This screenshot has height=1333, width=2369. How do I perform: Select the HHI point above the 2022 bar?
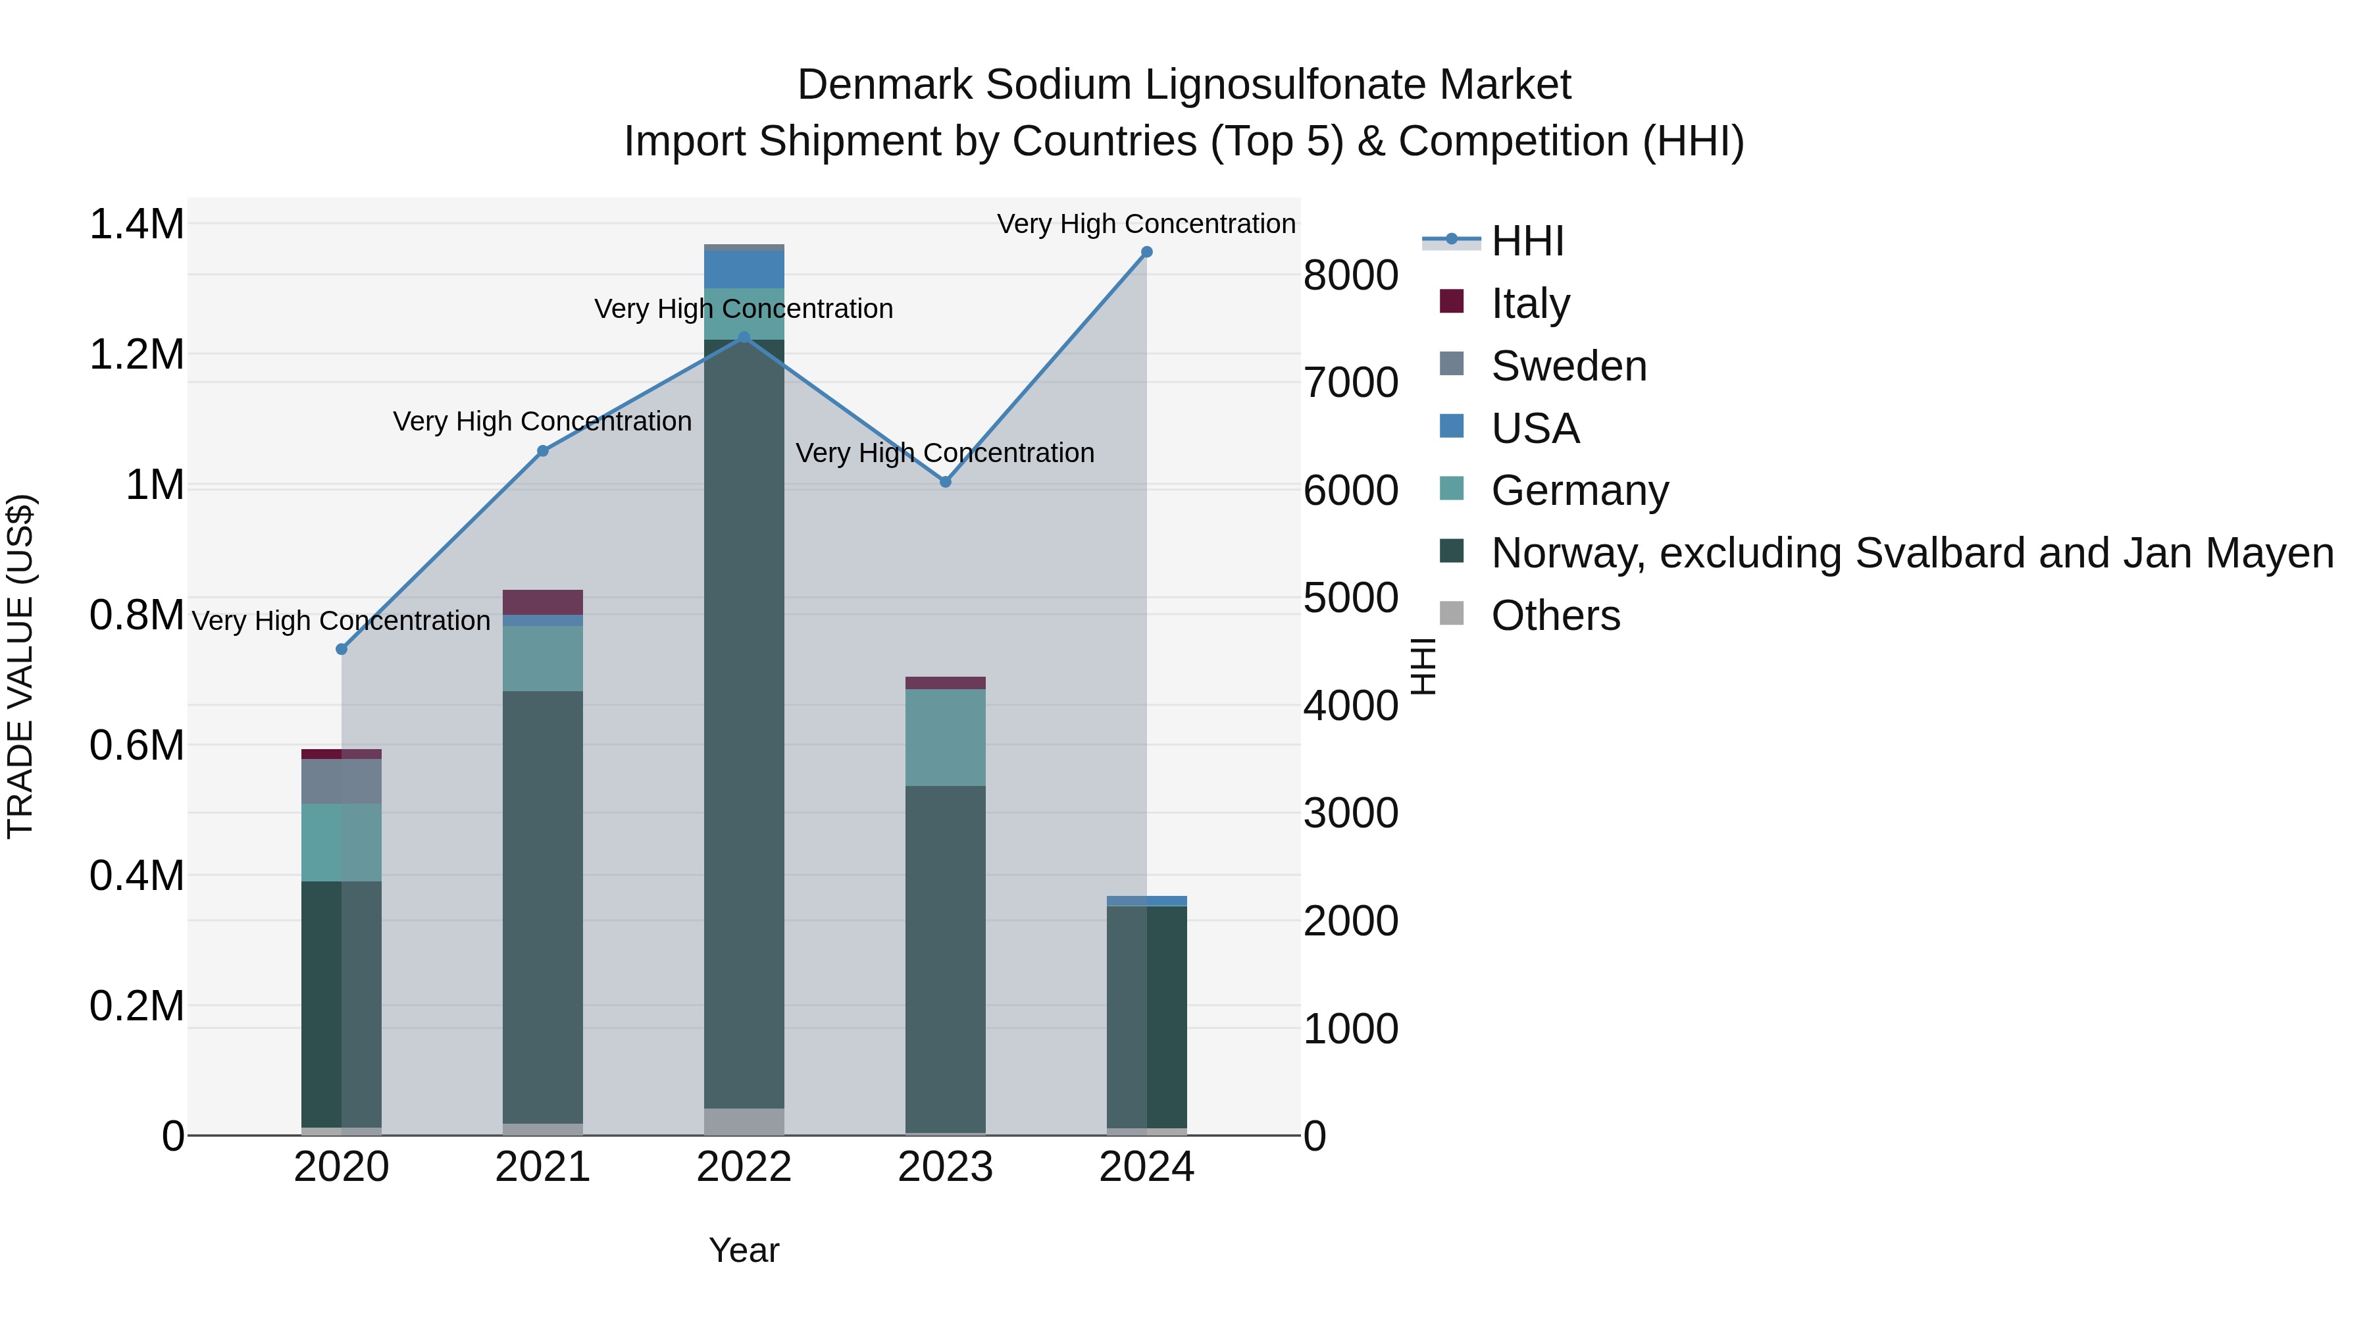[744, 338]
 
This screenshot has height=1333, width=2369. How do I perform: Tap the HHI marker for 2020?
[341, 650]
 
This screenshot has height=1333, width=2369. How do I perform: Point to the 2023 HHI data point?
[946, 482]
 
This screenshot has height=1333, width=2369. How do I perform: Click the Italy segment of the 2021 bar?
[543, 602]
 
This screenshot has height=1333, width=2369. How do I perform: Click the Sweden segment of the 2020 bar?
[341, 782]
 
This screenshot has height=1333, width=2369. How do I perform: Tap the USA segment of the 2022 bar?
[744, 269]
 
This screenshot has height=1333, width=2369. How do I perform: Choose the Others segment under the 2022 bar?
[744, 1122]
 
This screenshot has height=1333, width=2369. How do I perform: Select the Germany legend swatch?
[1451, 488]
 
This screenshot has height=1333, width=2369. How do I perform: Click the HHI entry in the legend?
[1527, 241]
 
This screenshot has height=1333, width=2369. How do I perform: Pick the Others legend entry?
[1555, 615]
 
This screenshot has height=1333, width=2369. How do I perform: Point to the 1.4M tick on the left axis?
[136, 224]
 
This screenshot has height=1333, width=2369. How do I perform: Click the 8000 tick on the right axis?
[1350, 275]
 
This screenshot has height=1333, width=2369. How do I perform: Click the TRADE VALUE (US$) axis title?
[20, 666]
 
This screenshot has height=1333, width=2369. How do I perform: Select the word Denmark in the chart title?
[883, 86]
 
